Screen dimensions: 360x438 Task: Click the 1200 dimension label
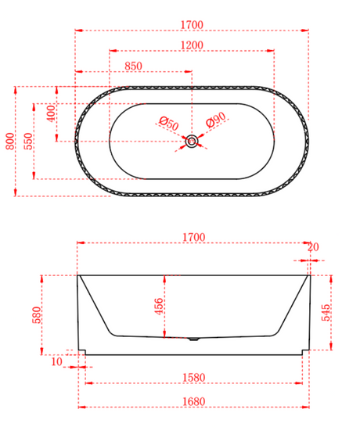(192, 45)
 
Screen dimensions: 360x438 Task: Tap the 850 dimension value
(133, 66)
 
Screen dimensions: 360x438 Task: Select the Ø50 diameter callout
(169, 124)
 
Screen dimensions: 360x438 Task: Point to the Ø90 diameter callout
(216, 120)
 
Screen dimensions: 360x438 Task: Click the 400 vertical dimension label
(51, 113)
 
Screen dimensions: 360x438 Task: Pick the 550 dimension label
(28, 141)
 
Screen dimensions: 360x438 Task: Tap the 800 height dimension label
(9, 141)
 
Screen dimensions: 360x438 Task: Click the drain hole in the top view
(192, 141)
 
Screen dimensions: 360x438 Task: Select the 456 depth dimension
(159, 307)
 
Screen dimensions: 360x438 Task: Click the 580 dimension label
(37, 314)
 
